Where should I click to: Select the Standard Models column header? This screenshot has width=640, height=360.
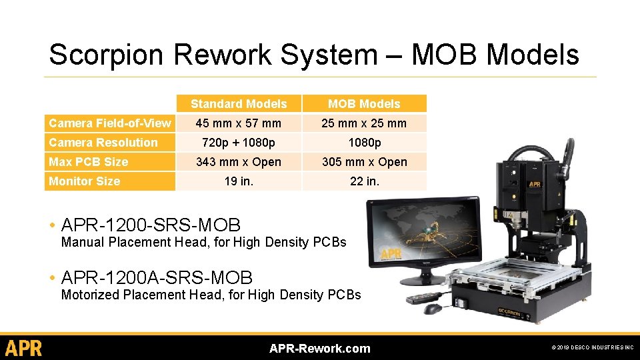coord(239,104)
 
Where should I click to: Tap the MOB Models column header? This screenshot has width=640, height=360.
coord(364,104)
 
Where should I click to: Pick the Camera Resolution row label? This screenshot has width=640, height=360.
coord(103,143)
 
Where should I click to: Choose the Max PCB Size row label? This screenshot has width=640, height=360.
coord(89,162)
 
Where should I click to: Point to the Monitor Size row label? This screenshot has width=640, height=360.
coord(85,181)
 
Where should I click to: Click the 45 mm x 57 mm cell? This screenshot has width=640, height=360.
coord(239,123)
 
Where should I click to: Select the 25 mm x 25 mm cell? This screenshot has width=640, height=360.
coord(364,123)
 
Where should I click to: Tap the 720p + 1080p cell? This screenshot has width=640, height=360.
coord(239,143)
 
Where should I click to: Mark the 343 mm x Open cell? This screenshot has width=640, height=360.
coord(239,162)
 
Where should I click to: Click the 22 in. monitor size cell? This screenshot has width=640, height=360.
coord(364,181)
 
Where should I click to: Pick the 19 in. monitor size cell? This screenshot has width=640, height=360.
coord(239,181)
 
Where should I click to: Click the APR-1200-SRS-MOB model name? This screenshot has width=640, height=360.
coord(151,225)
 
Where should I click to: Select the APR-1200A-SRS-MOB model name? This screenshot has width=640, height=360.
coord(157,277)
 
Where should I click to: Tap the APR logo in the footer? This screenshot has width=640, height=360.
coord(23,348)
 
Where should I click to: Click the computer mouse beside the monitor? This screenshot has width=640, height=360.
coord(433,309)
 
